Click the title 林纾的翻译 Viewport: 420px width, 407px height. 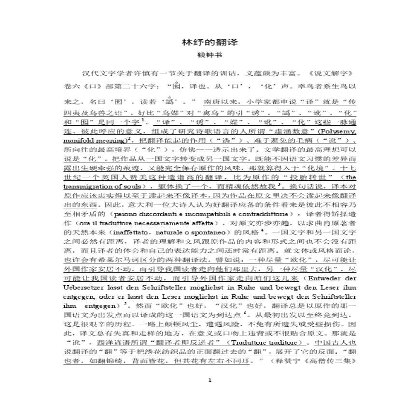coord(210,43)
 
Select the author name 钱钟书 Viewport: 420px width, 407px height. coord(210,56)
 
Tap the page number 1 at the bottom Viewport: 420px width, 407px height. coord(210,380)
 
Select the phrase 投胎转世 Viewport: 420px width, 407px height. coord(297,176)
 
